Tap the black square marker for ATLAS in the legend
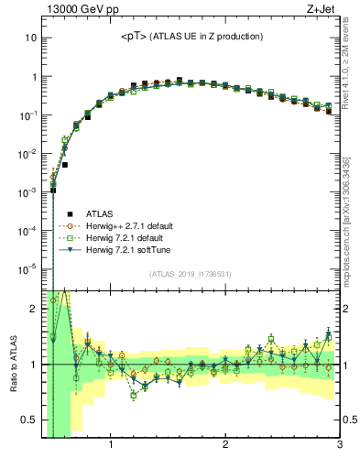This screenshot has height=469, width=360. point(54,213)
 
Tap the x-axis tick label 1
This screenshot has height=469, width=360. point(111,446)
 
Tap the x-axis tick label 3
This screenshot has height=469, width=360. point(339,446)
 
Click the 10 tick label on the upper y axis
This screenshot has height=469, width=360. point(31,38)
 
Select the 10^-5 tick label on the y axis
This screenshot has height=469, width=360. point(28,268)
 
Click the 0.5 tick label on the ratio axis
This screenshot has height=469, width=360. point(28,420)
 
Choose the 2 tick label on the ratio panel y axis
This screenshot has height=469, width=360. point(33,309)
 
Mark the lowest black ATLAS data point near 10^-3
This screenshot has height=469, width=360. point(53,191)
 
